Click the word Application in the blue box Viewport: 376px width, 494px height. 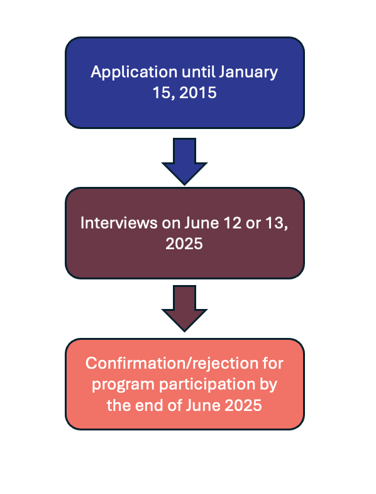point(134,73)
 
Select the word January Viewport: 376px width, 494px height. point(248,73)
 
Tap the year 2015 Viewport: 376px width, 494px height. point(198,93)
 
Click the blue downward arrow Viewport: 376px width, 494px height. point(184,161)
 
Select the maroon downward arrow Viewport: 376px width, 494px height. point(184,308)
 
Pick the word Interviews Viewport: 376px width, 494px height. point(119,223)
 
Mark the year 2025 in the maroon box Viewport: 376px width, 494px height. point(184,244)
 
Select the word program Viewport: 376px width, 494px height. point(123,385)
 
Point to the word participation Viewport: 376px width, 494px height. point(207,385)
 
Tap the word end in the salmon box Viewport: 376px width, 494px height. point(150,405)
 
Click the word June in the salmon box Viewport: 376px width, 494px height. point(203,405)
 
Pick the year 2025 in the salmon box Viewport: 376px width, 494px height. point(243,405)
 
